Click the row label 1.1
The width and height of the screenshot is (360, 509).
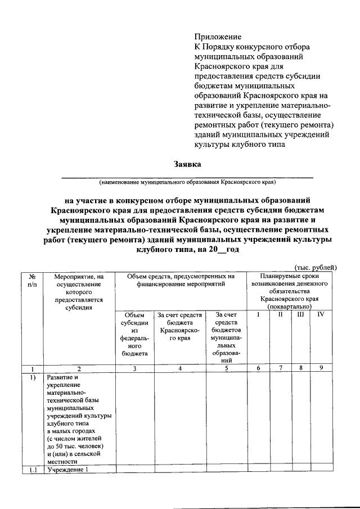click(31, 470)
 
